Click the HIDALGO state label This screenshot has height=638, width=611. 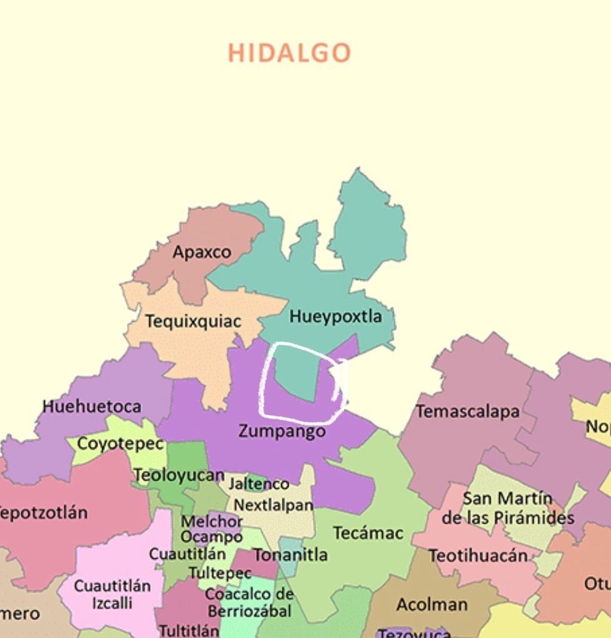tap(289, 53)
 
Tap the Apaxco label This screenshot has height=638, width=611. tap(202, 252)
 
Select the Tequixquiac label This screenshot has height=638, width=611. tap(193, 322)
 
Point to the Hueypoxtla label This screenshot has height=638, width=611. tap(335, 316)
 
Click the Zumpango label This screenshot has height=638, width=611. tap(282, 431)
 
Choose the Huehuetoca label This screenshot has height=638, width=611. tap(92, 407)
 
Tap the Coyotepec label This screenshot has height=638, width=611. tap(120, 444)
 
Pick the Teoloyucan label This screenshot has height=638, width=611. tap(179, 476)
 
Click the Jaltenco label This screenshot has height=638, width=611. tap(259, 484)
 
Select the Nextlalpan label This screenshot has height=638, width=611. tap(273, 505)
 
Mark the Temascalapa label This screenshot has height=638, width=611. tap(468, 412)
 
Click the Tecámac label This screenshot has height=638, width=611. tap(368, 533)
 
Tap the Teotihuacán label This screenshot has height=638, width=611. tap(478, 556)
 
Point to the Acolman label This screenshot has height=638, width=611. tap(432, 605)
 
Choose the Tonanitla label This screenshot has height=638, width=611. tap(290, 555)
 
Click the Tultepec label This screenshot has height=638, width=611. tap(220, 573)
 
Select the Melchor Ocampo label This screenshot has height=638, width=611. tap(211, 529)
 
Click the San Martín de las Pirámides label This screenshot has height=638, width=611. tap(507, 509)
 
